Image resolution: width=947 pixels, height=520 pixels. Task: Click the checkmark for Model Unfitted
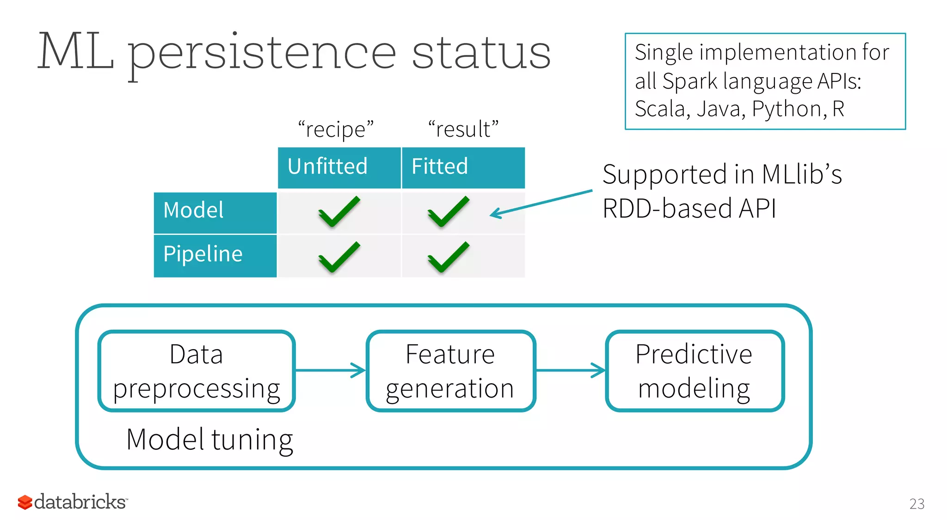(339, 212)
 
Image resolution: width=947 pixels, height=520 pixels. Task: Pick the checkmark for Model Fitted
(448, 212)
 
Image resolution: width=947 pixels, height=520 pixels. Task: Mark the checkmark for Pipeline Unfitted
(339, 257)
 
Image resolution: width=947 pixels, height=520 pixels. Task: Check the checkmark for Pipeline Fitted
(448, 257)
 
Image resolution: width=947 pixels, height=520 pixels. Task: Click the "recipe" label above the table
(336, 129)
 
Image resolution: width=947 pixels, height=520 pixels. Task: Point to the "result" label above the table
(463, 129)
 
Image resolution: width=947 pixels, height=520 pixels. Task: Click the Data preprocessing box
(197, 370)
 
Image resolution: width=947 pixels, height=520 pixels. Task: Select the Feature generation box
(450, 370)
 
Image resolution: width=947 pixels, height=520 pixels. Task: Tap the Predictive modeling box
(694, 370)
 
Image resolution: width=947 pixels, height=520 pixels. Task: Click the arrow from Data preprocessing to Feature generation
(330, 370)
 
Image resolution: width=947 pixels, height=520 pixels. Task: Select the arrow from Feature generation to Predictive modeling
(570, 370)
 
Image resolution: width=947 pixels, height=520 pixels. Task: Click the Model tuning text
(209, 440)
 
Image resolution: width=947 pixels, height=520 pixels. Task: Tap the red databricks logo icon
(25, 502)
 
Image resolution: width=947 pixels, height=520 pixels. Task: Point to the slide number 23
(916, 503)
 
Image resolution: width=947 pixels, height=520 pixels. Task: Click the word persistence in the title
(262, 53)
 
